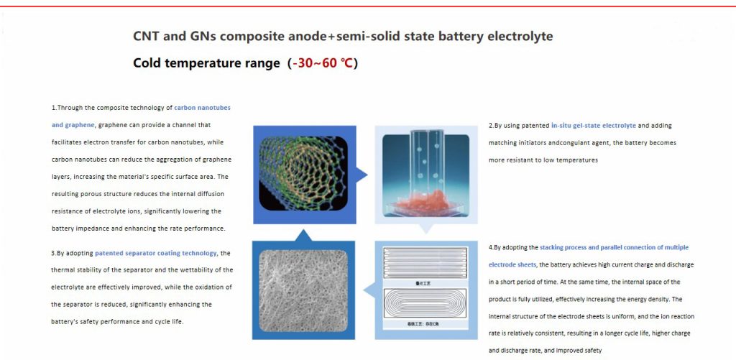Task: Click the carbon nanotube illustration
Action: click(303, 173)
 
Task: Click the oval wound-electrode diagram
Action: click(427, 303)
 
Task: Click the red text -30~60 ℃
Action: click(323, 63)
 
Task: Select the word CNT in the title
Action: click(147, 36)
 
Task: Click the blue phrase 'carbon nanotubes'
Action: click(202, 107)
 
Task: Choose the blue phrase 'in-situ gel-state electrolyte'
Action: click(593, 125)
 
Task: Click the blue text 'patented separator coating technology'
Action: click(156, 253)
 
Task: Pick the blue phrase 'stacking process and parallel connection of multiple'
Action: click(614, 247)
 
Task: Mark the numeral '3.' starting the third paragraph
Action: click(55, 253)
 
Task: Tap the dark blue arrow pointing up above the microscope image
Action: click(303, 235)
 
